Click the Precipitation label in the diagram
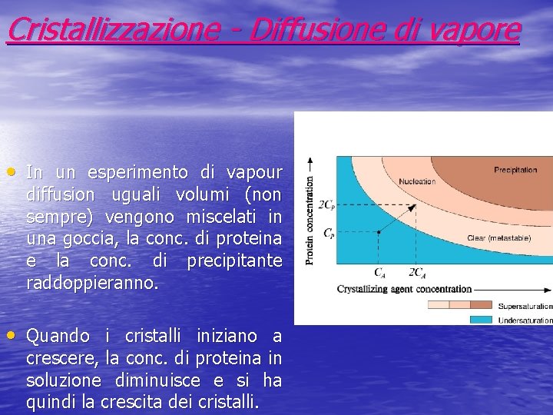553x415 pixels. (x=515, y=170)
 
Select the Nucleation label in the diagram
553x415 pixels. (x=417, y=182)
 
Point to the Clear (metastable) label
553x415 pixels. (x=498, y=238)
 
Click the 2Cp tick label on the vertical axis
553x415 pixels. (x=326, y=205)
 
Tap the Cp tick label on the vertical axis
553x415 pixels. (x=328, y=232)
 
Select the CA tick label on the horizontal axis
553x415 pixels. (x=380, y=272)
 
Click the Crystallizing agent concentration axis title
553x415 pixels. (x=404, y=289)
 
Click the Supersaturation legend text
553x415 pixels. (x=525, y=305)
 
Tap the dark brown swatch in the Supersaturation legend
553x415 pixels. (x=482, y=305)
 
